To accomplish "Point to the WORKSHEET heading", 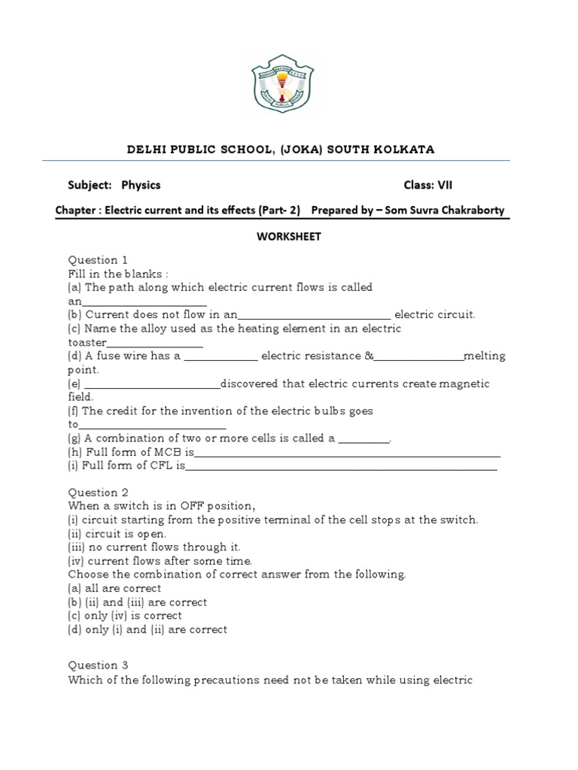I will pos(288,236).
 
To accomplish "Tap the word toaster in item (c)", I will pos(87,342).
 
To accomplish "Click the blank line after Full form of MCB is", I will pos(347,453).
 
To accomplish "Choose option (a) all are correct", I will pos(114,588).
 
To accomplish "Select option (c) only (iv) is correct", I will pos(125,616).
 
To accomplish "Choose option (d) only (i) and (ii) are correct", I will pos(148,629).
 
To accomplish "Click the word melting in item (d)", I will pos(485,356).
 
